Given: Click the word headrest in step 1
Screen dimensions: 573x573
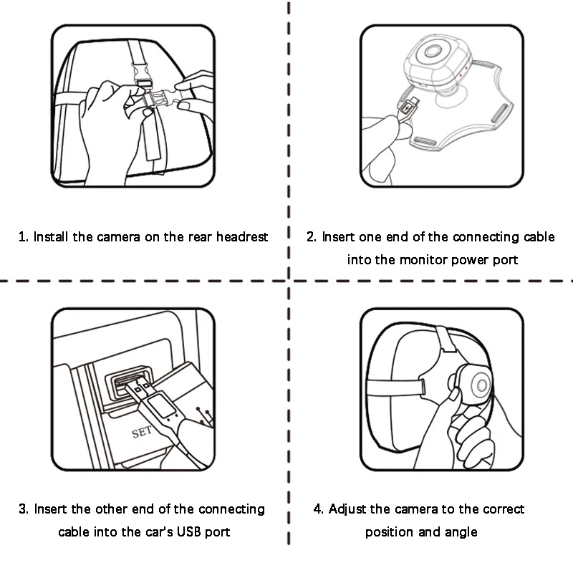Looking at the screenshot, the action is point(242,237).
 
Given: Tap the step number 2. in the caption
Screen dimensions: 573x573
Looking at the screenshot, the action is point(312,237).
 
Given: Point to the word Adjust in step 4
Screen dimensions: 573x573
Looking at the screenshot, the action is point(347,509).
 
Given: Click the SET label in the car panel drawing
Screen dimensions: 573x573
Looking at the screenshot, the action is point(142,433).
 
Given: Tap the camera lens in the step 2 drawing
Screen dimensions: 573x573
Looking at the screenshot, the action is point(433,51).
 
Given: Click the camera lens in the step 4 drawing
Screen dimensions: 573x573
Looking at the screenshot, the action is point(481,385).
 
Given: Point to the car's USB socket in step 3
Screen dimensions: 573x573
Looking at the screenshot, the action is point(126,384).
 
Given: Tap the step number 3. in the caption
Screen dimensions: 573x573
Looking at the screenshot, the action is point(24,509).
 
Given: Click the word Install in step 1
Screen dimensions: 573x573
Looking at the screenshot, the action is point(51,237).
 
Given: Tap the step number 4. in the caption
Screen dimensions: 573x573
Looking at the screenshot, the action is point(318,509).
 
